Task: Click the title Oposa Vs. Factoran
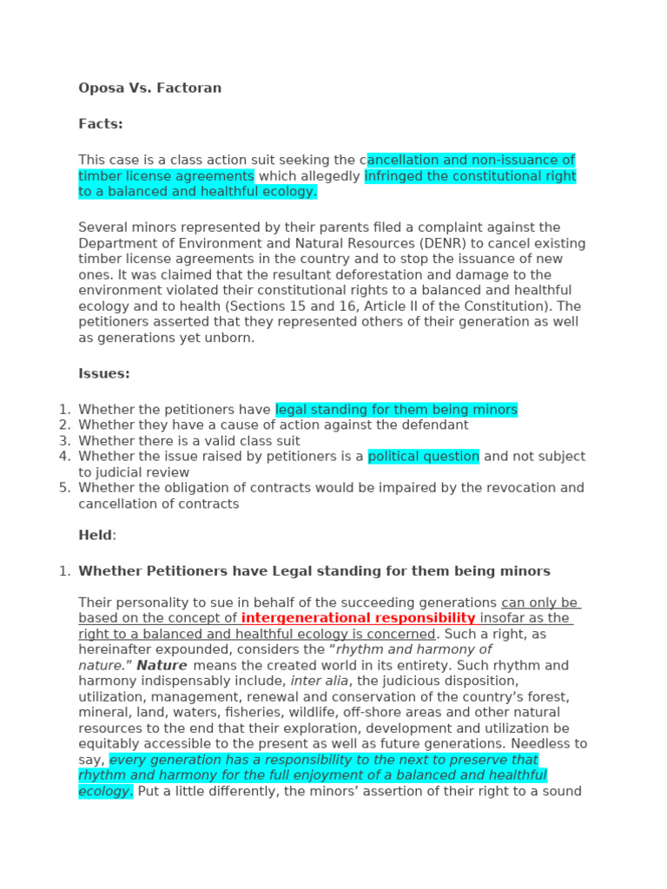pos(149,88)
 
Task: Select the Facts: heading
pos(101,124)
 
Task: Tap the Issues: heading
pos(104,373)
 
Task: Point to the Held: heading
pos(96,535)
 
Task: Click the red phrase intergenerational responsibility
pos(358,618)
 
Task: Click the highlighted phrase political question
pos(423,457)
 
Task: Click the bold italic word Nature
pos(162,666)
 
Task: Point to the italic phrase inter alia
pos(319,682)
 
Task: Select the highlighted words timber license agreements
pos(166,176)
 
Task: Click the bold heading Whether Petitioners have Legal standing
pos(314,571)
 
